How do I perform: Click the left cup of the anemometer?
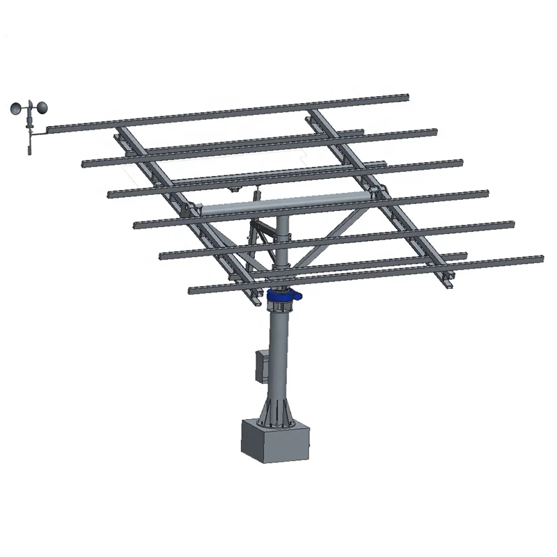pyautogui.click(x=17, y=109)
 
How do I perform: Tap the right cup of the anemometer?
pyautogui.click(x=41, y=108)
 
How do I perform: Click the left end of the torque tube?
pyautogui.click(x=198, y=210)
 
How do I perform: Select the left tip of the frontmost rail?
pyautogui.click(x=191, y=290)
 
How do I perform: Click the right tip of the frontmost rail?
pyautogui.click(x=541, y=259)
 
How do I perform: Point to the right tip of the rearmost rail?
pyautogui.click(x=407, y=97)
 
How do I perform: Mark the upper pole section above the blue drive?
pyautogui.click(x=281, y=251)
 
